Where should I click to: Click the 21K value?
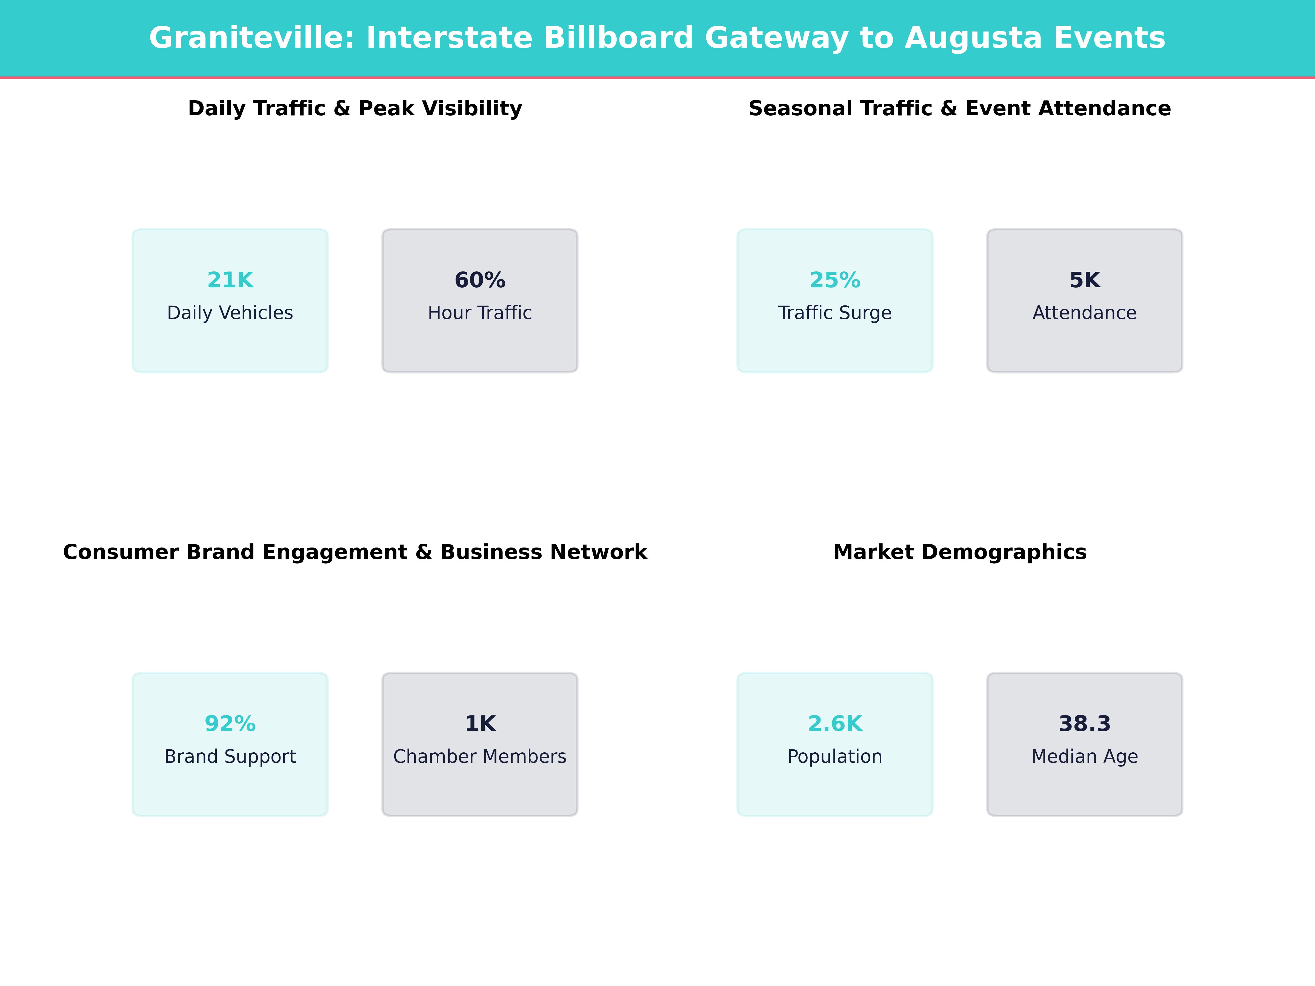tap(230, 280)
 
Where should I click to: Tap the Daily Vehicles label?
tap(230, 313)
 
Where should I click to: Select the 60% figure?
tap(480, 280)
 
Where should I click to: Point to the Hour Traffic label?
tap(480, 313)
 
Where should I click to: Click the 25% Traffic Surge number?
tap(835, 280)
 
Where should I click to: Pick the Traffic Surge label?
tap(835, 313)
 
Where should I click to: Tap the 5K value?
tap(1084, 280)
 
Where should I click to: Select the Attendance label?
tap(1084, 313)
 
